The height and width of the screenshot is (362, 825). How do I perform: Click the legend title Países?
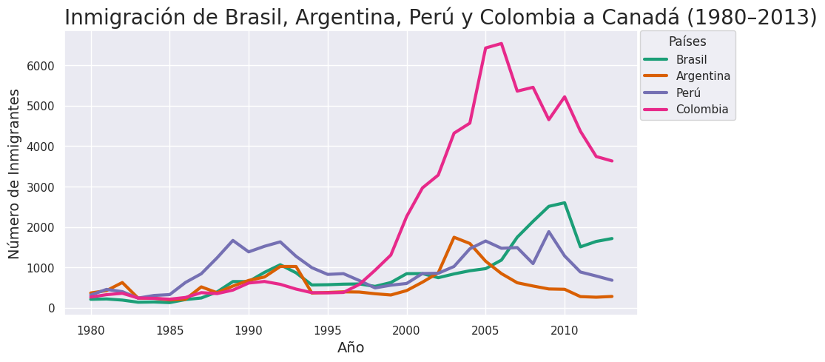point(687,41)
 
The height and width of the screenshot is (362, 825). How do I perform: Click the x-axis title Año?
point(351,348)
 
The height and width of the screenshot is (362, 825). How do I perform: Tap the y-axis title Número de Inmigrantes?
point(15,173)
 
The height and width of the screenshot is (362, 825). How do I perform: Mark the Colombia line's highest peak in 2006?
point(501,44)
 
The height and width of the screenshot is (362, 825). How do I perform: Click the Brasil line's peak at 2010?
point(565,203)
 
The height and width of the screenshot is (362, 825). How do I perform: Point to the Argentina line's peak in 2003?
point(454,238)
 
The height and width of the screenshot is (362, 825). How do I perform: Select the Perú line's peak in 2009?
point(548,232)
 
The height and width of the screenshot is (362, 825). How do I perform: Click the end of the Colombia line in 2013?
point(612,161)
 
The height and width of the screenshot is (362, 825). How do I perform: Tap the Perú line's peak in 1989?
point(233,241)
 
